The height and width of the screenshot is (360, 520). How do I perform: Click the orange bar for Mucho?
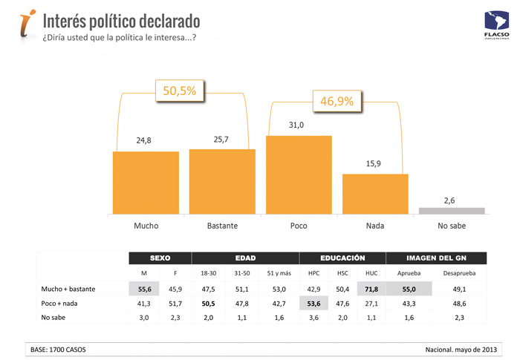coord(146,183)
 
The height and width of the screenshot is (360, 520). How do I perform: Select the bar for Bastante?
coord(222,181)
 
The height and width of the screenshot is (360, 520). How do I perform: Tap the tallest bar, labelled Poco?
coord(299,174)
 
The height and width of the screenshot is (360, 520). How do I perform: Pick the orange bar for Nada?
coord(375,194)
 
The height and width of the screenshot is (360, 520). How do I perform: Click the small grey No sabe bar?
coord(452,211)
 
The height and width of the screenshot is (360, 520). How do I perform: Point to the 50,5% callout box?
coord(179,91)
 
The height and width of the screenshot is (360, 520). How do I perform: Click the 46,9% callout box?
coord(336,99)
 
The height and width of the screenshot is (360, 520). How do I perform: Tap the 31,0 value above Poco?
coord(298,125)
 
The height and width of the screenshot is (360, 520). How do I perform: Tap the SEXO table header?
coord(160,258)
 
